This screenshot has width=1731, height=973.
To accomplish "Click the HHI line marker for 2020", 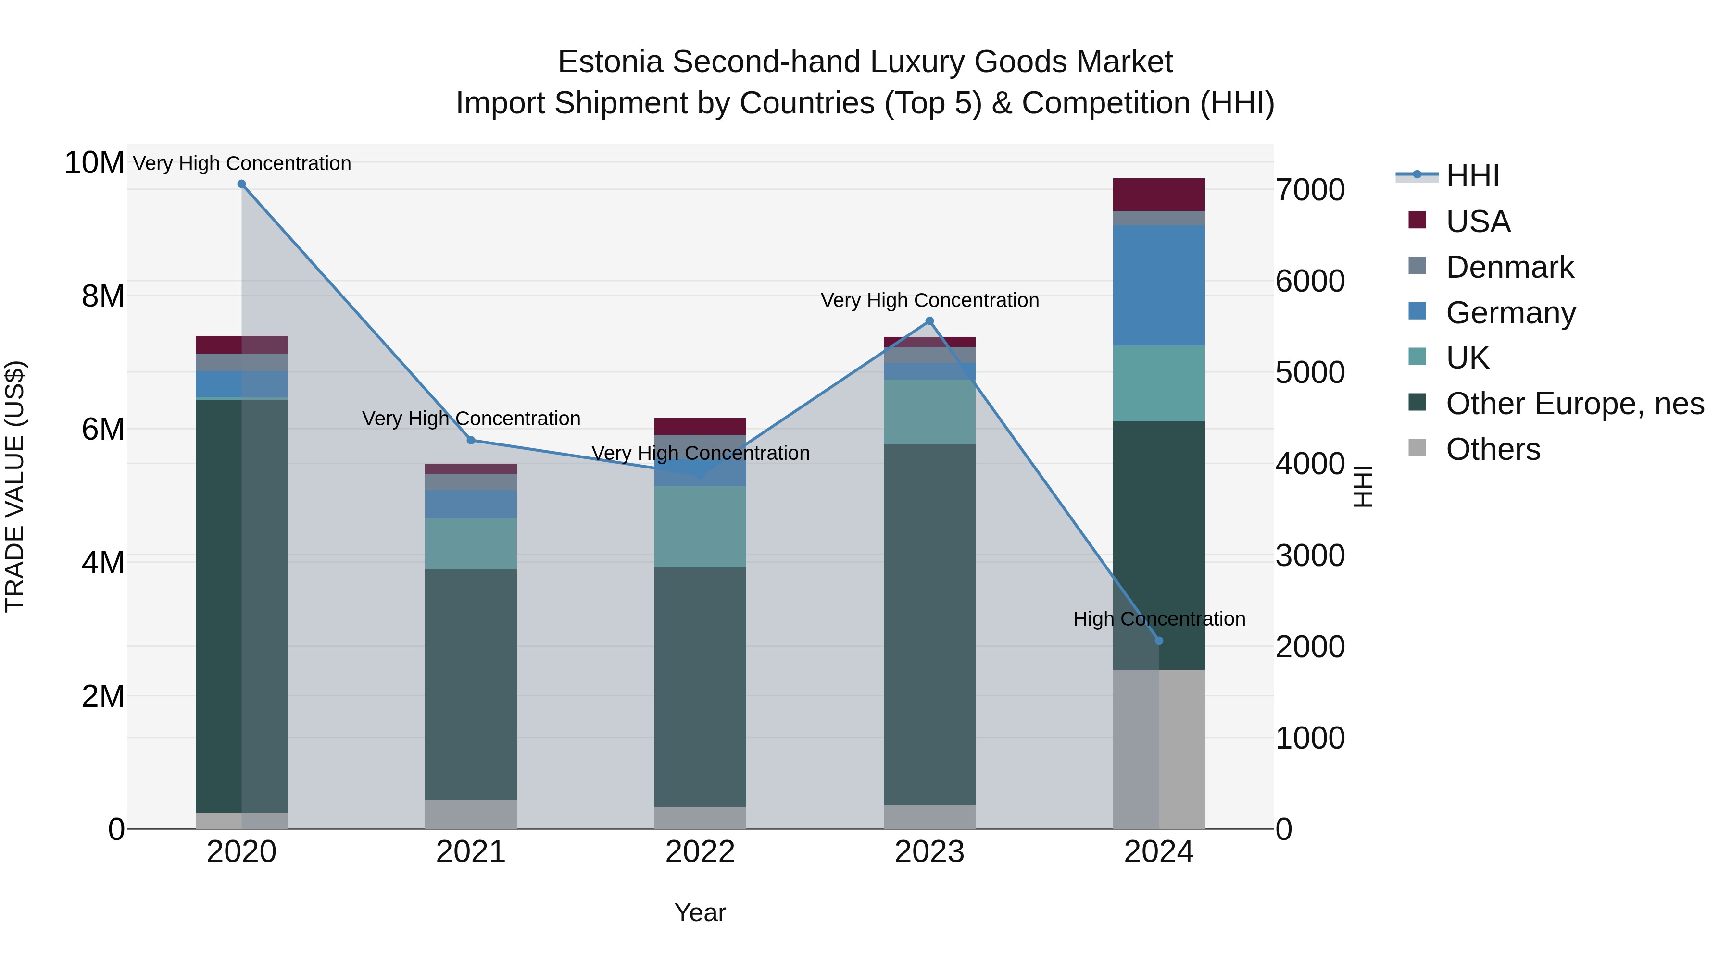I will point(242,184).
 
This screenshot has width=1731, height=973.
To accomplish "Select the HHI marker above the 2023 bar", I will point(929,321).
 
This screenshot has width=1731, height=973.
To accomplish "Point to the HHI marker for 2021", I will point(471,441).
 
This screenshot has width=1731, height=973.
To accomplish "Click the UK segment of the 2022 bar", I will point(700,527).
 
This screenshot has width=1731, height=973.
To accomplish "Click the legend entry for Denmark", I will point(1509,267).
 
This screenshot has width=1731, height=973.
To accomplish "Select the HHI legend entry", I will point(1472,176).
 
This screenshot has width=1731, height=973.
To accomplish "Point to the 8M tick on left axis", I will point(103,296).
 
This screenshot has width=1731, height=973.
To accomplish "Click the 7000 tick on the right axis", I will point(1310,190).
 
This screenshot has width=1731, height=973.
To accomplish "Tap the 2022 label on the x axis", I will point(700,852).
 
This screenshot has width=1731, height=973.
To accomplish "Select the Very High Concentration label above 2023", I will point(929,300).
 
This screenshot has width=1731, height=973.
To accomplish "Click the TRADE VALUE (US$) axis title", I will point(15,486).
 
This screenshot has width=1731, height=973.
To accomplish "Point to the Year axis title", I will point(700,912).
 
